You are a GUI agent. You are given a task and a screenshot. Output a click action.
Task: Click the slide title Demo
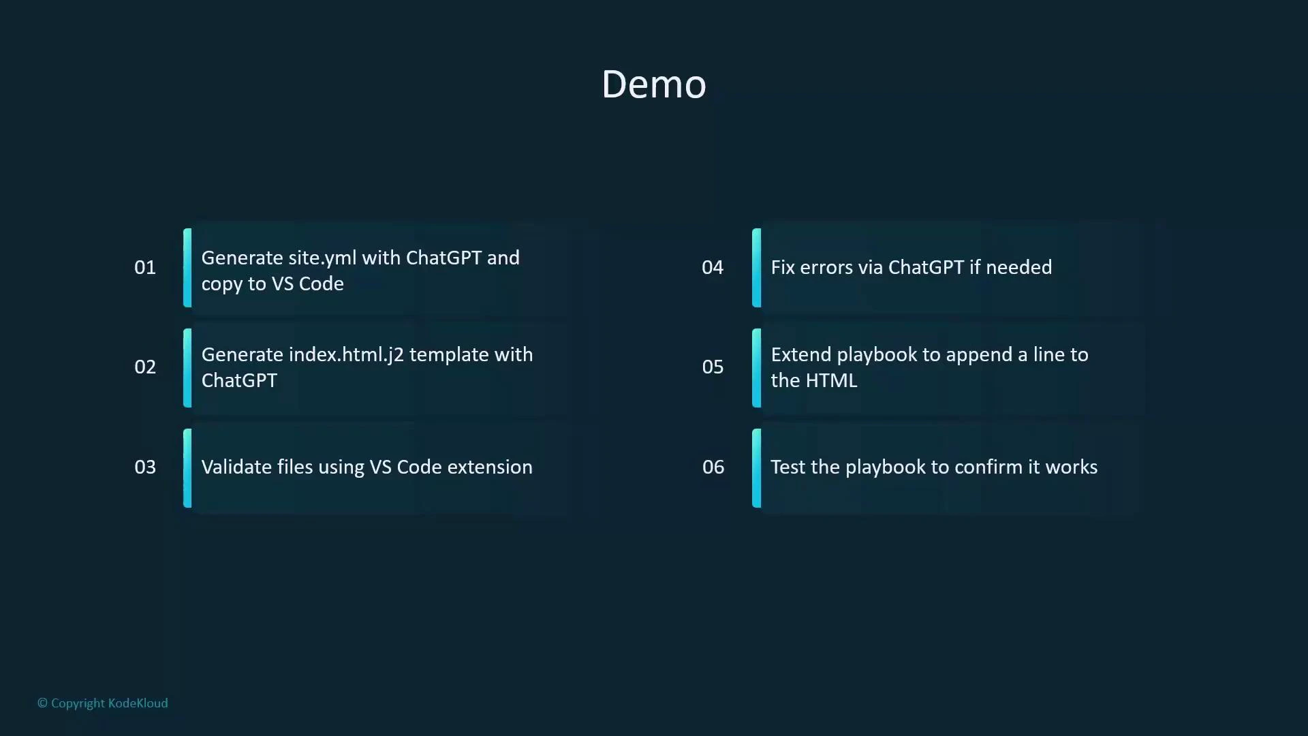653,85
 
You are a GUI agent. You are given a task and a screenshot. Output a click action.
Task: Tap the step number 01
145,267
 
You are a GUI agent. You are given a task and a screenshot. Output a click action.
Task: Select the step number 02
145,367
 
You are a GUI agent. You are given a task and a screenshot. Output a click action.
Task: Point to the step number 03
145,467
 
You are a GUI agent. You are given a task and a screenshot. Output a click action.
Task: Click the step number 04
713,267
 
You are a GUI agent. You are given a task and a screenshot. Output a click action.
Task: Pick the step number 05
713,367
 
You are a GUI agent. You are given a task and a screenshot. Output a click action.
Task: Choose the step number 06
713,467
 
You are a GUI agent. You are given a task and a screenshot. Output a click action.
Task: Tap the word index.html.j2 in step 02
346,355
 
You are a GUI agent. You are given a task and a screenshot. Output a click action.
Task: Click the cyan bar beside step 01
187,267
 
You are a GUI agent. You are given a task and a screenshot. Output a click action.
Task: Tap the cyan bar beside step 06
756,467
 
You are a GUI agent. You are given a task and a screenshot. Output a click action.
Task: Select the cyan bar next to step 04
756,267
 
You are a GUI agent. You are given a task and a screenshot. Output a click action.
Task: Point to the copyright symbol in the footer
42,703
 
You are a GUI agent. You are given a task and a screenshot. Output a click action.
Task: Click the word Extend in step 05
800,355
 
